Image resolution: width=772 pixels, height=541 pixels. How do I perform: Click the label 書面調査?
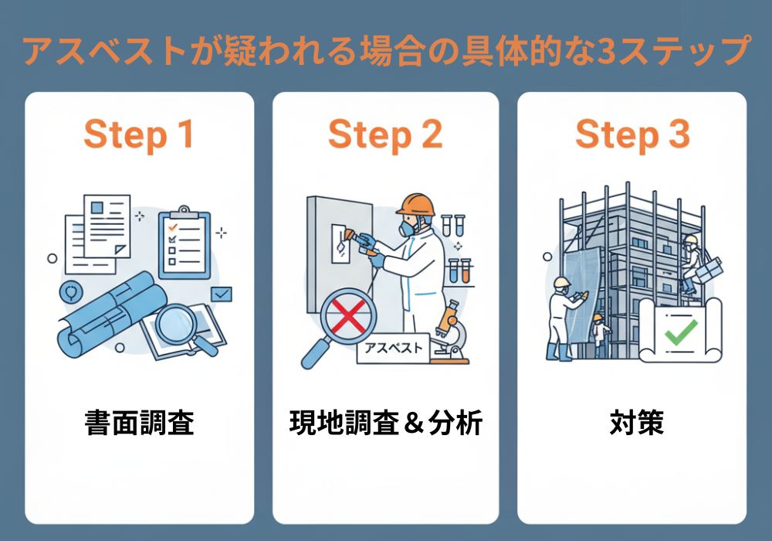coord(138,423)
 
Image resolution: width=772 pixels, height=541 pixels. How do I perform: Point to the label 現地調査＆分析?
coord(385,423)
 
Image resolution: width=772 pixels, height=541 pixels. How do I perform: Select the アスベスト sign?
coord(392,349)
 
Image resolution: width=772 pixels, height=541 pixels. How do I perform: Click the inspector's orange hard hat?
coord(415,204)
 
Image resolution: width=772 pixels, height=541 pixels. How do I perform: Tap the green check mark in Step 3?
coord(681,331)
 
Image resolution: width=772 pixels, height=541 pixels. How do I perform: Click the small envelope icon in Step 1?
coord(222,294)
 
